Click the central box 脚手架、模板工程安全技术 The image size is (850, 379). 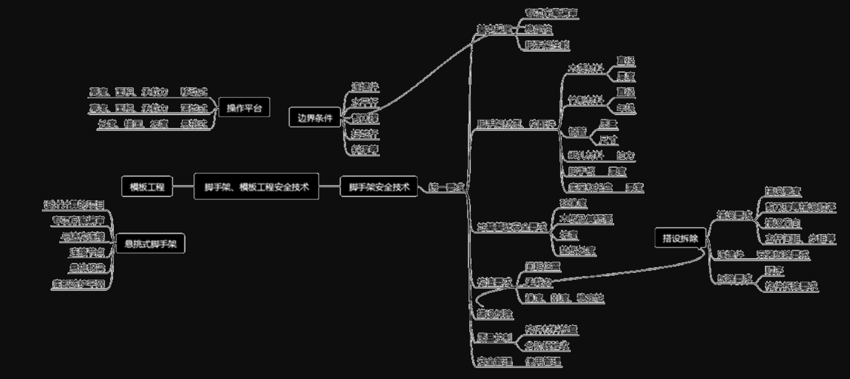point(256,187)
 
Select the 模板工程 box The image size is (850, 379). point(147,187)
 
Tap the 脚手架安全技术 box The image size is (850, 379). point(378,187)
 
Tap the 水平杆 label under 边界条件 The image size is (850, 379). point(365,103)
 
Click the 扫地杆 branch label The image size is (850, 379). point(365,134)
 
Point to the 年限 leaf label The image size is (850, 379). point(625,107)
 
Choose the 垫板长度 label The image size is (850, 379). point(577,250)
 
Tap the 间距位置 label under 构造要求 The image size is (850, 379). point(543,266)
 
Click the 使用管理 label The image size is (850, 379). point(543,362)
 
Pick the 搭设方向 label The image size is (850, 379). point(782,223)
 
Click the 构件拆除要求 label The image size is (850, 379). point(791,285)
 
